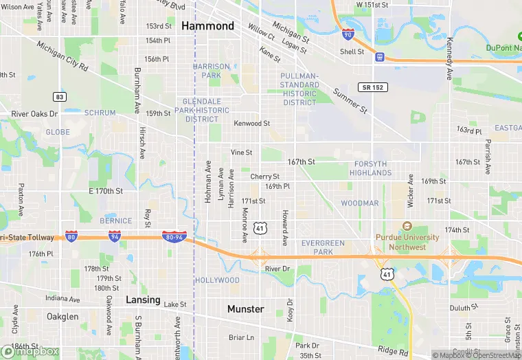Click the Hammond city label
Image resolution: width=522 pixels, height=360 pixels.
[x=207, y=26]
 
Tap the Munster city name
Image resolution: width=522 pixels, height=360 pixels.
[x=245, y=309]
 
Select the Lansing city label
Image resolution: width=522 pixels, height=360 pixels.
[x=143, y=300]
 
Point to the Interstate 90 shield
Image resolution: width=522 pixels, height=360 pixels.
[x=348, y=33]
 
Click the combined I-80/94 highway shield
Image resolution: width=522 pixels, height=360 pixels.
[x=173, y=237]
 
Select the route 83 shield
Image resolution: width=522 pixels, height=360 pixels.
[x=60, y=97]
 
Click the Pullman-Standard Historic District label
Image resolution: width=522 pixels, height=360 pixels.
[x=299, y=89]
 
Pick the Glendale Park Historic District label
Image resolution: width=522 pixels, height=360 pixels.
[x=196, y=110]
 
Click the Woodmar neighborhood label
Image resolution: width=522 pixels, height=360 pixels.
[x=359, y=203]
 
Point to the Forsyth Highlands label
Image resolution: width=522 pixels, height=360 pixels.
[x=372, y=168]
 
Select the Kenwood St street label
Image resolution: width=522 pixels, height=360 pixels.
[x=252, y=124]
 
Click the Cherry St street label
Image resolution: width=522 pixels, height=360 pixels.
[x=264, y=177]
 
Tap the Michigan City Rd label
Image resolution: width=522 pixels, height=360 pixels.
[x=63, y=58]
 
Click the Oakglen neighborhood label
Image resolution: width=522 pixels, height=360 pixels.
[x=62, y=317]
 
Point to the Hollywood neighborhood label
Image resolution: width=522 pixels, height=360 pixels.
[x=217, y=280]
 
